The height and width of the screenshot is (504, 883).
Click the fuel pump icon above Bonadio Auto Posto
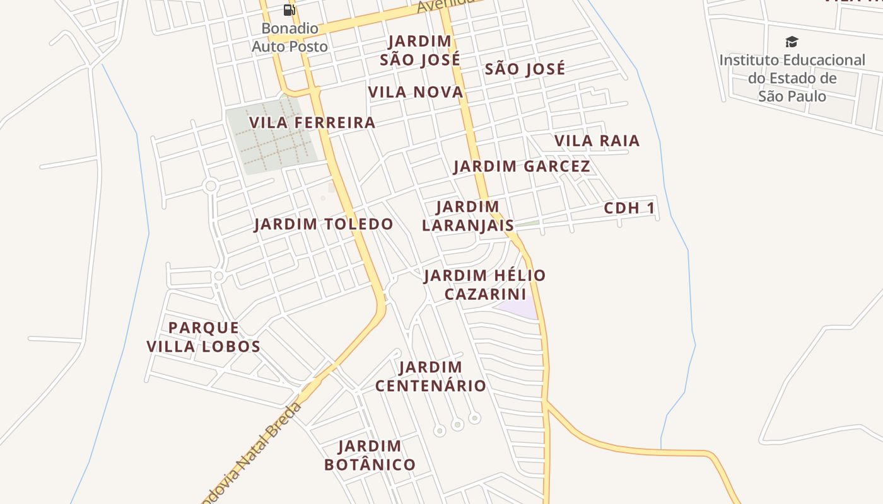click(289, 9)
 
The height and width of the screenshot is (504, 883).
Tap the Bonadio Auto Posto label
click(290, 37)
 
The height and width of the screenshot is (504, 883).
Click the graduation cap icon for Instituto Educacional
click(792, 42)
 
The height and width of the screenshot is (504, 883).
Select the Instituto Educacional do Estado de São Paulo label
click(792, 78)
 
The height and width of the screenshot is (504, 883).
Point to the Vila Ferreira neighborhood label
click(312, 122)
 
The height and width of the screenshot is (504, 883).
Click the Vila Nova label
click(416, 92)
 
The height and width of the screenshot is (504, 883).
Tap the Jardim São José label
click(419, 50)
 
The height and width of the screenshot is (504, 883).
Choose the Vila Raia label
click(597, 140)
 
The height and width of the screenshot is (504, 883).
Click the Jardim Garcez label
click(522, 166)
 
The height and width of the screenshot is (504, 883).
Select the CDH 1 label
click(629, 208)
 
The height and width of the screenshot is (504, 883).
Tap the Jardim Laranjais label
click(467, 215)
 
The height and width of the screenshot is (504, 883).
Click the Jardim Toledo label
click(324, 224)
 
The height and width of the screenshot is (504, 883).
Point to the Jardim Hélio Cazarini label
click(484, 285)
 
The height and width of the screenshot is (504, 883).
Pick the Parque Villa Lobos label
click(203, 336)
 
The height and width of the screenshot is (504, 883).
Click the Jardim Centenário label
click(431, 376)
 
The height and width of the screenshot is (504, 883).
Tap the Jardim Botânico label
click(370, 455)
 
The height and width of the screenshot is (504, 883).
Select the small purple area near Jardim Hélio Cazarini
click(518, 309)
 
